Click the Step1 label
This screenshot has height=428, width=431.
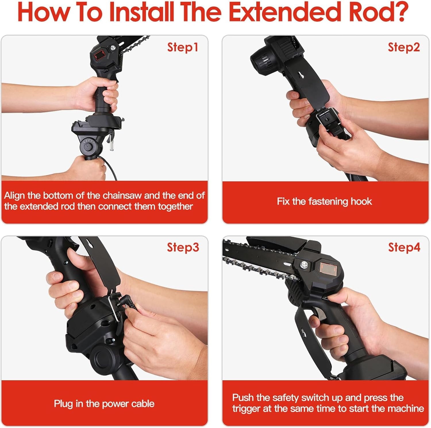pos(183,47)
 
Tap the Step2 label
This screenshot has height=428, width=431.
pos(404,47)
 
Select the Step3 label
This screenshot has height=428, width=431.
pos(183,247)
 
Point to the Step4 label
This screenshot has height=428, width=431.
pos(404,247)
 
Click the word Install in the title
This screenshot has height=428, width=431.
pos(143,12)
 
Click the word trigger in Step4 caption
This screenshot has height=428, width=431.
pos(246,408)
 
